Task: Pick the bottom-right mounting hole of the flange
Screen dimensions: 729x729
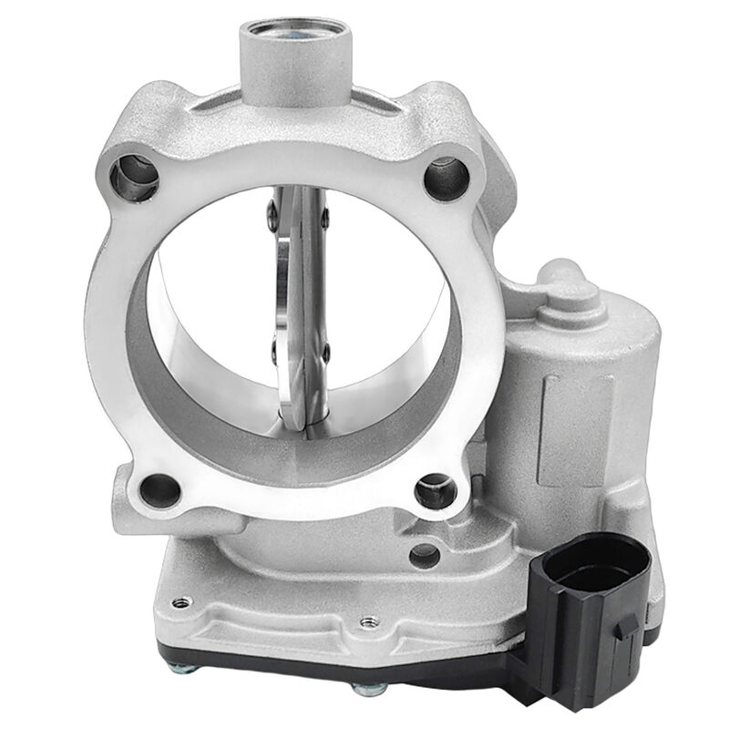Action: tap(435, 492)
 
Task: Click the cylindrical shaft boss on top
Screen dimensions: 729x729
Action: tap(290, 36)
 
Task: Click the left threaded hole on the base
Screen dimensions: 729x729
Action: tap(181, 601)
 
